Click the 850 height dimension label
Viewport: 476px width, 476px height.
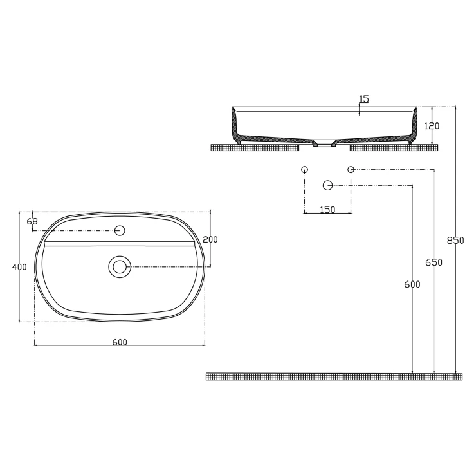click(x=455, y=241)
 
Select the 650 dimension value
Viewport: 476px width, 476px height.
click(x=434, y=262)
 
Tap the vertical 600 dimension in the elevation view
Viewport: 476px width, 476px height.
click(x=412, y=284)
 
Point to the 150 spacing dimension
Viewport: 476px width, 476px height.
click(x=327, y=210)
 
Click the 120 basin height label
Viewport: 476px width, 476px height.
click(x=432, y=125)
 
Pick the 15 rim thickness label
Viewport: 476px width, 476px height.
click(x=363, y=99)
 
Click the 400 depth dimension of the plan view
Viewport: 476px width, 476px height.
click(x=19, y=267)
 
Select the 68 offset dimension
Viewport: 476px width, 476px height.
click(x=32, y=222)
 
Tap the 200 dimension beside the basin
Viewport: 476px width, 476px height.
click(x=210, y=239)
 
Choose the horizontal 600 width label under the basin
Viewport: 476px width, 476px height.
click(x=120, y=342)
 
